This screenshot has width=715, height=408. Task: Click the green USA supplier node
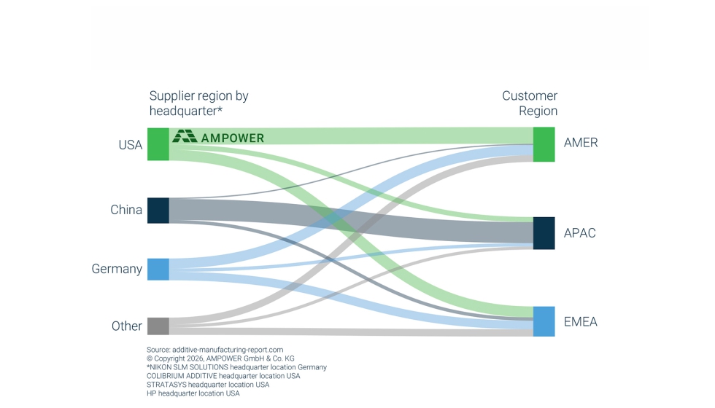coord(158,144)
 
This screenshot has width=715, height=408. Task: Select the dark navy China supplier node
coord(158,211)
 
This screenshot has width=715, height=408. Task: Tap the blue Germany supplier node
coord(158,269)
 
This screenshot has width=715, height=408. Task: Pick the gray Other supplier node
coord(158,326)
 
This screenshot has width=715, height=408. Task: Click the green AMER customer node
coord(544,144)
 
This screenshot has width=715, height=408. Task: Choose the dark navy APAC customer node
coord(544,233)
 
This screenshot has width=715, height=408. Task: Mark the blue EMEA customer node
coord(544,321)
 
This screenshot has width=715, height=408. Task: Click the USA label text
coord(131,145)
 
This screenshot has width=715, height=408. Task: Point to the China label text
coord(126,210)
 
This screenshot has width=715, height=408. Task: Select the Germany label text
coord(117,269)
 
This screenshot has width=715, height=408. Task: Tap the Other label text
coord(127,326)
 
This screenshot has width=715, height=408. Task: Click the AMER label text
coord(581,143)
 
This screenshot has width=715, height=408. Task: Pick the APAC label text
coord(579,232)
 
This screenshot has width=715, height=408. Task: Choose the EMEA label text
coord(581,321)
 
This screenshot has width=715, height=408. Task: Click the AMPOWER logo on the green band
coord(218,137)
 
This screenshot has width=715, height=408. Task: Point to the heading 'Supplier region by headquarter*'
coord(198,103)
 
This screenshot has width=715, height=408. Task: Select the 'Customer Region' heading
coord(530,103)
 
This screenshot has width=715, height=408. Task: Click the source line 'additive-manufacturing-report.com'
coord(214,350)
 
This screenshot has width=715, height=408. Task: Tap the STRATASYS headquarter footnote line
coord(208,385)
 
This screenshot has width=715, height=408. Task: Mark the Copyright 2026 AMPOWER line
coord(220,358)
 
